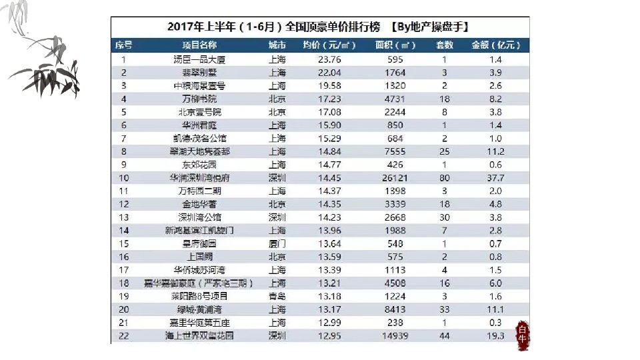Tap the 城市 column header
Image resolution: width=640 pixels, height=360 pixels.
[277, 45]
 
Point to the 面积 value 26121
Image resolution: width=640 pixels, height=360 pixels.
[395, 178]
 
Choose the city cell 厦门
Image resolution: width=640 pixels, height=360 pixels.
[277, 244]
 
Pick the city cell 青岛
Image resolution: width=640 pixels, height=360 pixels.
[277, 297]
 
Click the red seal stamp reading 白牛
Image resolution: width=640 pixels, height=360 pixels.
[523, 334]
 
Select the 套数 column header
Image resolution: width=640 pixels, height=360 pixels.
[444, 45]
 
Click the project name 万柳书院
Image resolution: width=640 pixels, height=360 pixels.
[199, 99]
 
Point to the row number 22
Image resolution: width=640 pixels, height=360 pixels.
[123, 336]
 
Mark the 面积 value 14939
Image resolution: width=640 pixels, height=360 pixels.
[395, 336]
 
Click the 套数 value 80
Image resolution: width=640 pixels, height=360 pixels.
[444, 178]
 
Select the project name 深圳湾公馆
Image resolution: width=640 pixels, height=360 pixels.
[199, 217]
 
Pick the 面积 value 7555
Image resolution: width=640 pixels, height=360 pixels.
[395, 151]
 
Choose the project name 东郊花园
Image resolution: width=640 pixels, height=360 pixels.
[199, 165]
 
